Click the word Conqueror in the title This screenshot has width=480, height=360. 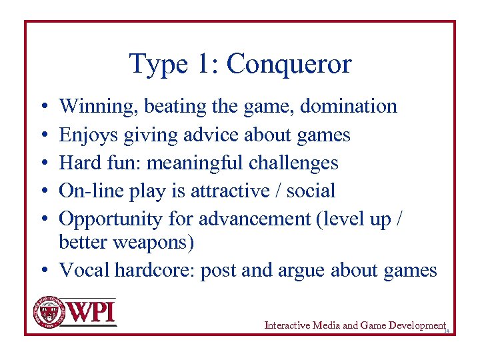(x=288, y=65)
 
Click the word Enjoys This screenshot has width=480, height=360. (x=84, y=135)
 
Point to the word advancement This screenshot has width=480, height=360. (x=253, y=219)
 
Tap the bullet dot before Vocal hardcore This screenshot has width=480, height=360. (x=42, y=271)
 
